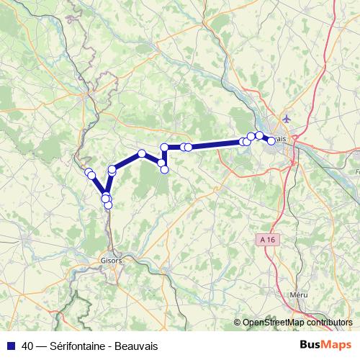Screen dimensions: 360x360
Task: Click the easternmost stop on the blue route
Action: [271, 141]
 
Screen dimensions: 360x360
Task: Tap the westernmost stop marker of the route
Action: [89, 172]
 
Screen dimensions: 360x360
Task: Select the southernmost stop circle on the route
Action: [108, 205]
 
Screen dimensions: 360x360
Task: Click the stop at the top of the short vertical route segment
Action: [164, 148]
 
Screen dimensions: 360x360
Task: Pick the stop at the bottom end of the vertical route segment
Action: [164, 169]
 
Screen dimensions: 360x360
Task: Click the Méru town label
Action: [297, 294]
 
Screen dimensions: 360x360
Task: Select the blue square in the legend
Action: [9, 346]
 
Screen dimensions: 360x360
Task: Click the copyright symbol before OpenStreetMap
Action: [237, 323]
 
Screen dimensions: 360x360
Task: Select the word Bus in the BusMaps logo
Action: [310, 345]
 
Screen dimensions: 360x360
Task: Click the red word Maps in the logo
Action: [338, 345]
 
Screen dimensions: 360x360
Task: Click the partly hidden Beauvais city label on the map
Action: [280, 138]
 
